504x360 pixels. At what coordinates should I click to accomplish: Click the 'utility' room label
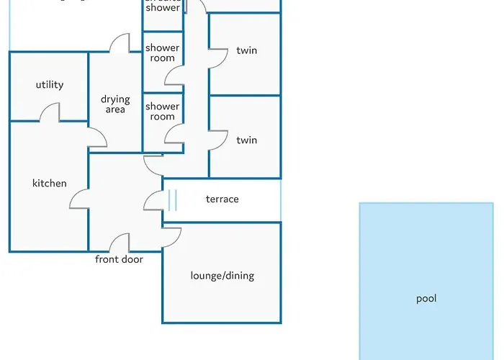coord(49,85)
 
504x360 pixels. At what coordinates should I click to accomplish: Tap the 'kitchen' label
coord(49,184)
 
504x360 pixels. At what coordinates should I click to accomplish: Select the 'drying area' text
coord(115,104)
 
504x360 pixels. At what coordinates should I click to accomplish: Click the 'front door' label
coord(119,259)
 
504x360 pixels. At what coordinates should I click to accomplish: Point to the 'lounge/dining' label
coord(222,276)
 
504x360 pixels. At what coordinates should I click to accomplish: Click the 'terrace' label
coord(222,199)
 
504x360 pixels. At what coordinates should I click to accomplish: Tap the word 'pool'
coord(426,299)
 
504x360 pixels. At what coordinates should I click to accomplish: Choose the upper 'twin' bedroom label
coord(246,51)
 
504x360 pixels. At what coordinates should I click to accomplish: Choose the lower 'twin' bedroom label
coord(246,140)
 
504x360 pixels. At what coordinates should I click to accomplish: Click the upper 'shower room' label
coord(162,53)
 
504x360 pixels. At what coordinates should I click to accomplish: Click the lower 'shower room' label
coord(162,112)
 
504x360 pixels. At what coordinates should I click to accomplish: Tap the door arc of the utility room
coord(49,113)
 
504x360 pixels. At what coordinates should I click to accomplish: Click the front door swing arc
coord(120,243)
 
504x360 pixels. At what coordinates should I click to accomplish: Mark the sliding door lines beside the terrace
coord(171,199)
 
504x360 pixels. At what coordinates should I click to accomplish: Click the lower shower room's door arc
coord(174,133)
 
